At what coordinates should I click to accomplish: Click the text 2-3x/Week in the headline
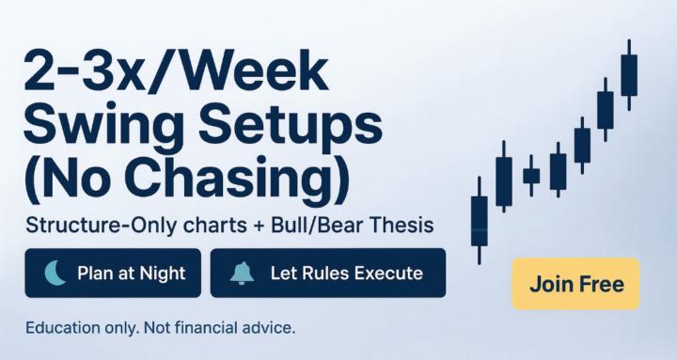[x=175, y=72]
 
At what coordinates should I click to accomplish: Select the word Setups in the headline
[x=292, y=127]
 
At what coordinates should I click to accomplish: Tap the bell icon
[x=242, y=274]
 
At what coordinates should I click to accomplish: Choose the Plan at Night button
[x=113, y=274]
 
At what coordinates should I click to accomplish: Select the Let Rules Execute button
[x=327, y=274]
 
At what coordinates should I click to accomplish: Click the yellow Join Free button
[x=575, y=284]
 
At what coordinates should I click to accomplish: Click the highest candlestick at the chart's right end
[x=629, y=74]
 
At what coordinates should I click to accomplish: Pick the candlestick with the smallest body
[x=531, y=175]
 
